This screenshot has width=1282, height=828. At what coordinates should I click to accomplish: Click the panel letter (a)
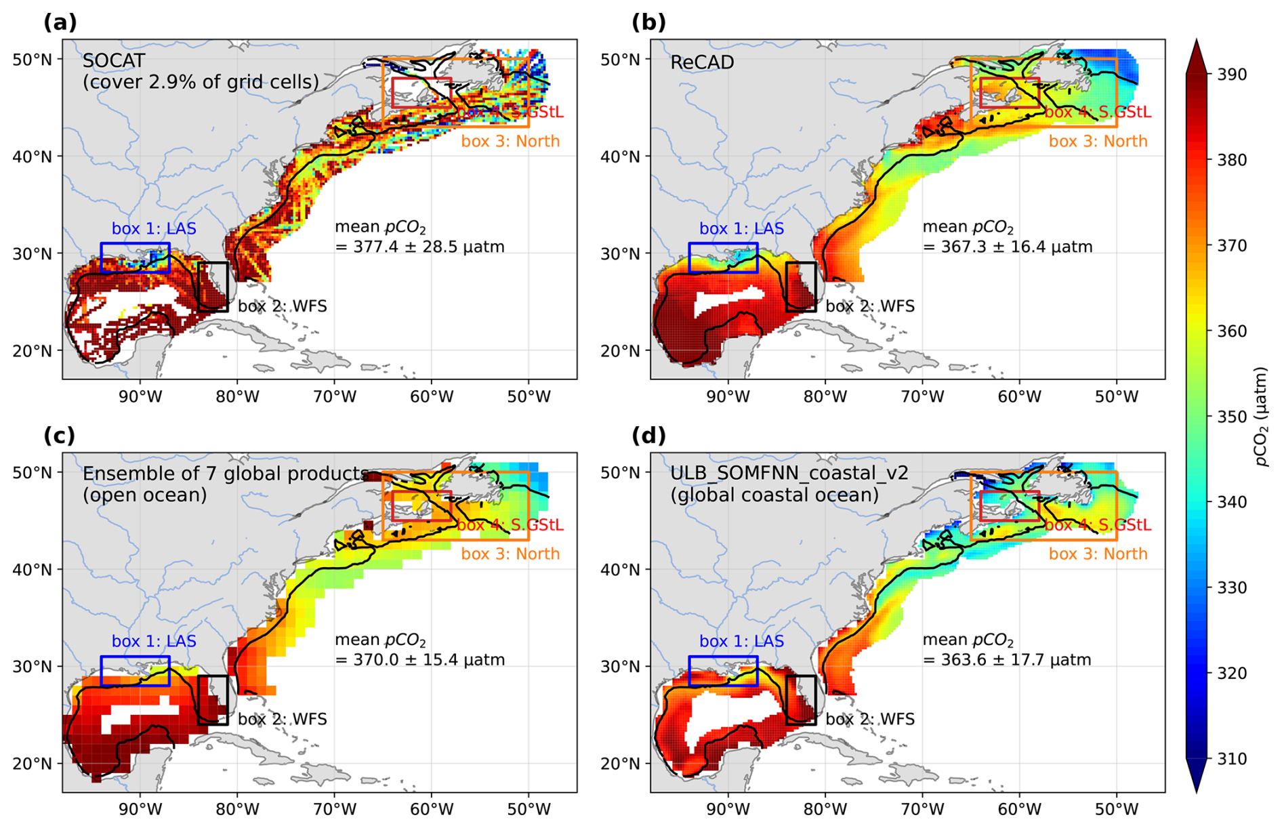coord(60,23)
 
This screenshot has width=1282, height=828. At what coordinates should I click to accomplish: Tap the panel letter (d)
coord(648,436)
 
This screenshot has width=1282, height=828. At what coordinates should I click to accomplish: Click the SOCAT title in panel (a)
coord(113,61)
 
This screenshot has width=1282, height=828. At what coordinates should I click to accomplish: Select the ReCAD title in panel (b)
coord(701,62)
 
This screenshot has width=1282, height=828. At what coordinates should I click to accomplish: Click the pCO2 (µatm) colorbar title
coord(1260,417)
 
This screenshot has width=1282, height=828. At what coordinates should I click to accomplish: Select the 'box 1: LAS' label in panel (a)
coord(154,229)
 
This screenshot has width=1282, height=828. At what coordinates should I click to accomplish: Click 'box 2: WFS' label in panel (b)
coord(870,306)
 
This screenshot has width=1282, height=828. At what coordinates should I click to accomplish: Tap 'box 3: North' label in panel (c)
coord(510,554)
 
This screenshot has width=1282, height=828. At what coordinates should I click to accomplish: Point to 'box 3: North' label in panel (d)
coord(1098,554)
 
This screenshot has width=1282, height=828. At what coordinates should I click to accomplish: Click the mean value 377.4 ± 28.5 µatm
coord(419,247)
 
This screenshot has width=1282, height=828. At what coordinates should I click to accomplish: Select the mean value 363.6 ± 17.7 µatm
coord(1007,660)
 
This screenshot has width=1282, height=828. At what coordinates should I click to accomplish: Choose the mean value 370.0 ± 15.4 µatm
coord(419,660)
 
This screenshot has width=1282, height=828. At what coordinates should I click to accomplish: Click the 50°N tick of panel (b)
coord(620,60)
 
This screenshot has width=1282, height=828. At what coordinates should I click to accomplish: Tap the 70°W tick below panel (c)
coord(335,809)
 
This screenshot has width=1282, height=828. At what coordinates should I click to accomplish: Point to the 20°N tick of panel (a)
coord(32,351)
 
